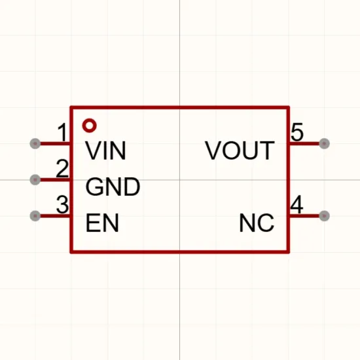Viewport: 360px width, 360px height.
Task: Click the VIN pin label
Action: (105, 151)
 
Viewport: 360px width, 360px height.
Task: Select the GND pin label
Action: (113, 187)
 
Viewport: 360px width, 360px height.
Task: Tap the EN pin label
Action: (102, 223)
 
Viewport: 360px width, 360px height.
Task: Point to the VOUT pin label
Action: (240, 151)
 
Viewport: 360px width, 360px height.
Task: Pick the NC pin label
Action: (257, 223)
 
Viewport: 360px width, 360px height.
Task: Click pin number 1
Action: (62, 132)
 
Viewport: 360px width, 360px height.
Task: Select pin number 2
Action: (62, 169)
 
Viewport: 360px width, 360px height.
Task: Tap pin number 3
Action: (62, 205)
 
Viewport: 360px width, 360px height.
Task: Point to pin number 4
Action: (297, 204)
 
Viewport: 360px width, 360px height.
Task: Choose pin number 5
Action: (297, 132)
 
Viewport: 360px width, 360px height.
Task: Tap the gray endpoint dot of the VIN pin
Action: (35, 144)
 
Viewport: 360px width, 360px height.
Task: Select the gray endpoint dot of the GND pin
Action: (35, 179)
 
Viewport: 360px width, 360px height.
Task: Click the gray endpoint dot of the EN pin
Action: (35, 216)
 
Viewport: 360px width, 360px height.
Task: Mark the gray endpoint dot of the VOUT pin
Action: (324, 144)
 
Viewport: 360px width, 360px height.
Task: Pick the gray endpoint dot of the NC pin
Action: (324, 216)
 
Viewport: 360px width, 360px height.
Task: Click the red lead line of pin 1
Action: (55, 144)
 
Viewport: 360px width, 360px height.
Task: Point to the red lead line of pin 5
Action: (304, 144)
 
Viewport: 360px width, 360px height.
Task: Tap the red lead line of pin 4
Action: (304, 216)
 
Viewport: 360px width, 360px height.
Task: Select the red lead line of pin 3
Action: (55, 216)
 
